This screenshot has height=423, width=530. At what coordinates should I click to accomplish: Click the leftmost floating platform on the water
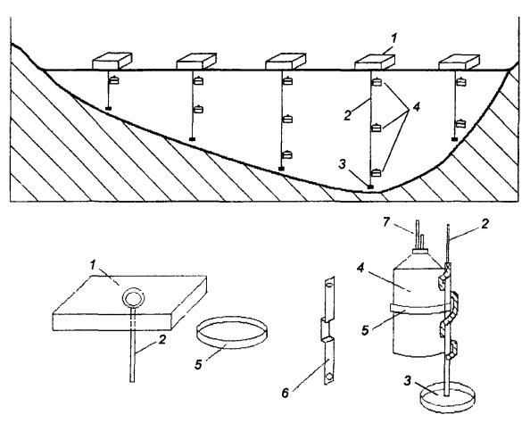[112, 61]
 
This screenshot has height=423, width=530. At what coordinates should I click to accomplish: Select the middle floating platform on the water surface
[286, 62]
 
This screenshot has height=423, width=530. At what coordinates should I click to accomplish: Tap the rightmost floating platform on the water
[459, 62]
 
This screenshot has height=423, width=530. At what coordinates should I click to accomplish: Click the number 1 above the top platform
[393, 38]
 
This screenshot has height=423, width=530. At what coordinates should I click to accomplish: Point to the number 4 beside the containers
[416, 107]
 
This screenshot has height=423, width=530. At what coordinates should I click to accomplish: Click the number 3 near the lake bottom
[342, 165]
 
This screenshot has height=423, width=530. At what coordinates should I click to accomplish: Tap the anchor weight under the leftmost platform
[109, 109]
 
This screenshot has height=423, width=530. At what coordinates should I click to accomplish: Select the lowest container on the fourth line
[377, 173]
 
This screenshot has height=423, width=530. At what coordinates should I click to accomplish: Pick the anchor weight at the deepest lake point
[371, 187]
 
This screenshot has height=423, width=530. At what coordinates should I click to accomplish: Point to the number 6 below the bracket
[286, 394]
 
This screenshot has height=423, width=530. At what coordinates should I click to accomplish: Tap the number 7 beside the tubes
[387, 222]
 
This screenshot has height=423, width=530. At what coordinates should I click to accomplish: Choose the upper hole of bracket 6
[327, 286]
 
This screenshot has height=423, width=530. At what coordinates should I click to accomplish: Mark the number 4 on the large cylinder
[360, 269]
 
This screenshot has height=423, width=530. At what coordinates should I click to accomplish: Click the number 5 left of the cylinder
[365, 330]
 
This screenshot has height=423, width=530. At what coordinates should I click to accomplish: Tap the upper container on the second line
[198, 81]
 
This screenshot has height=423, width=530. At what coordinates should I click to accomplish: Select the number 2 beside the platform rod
[162, 339]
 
